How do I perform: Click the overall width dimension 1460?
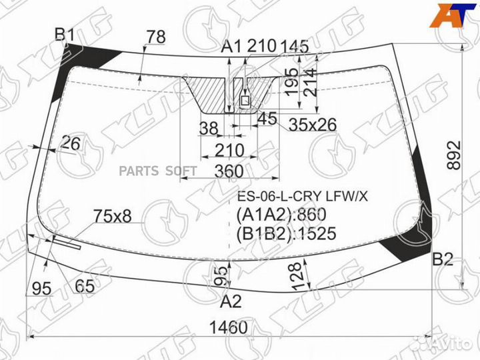tap(228, 327)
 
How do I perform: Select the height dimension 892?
tap(454, 155)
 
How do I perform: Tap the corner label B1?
tap(65, 35)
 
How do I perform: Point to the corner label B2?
tap(443, 259)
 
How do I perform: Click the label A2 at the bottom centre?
tap(231, 301)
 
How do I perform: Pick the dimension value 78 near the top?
tap(156, 37)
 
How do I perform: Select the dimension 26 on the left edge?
tap(71, 143)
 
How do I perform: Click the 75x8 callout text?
tap(113, 216)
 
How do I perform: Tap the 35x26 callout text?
tap(313, 125)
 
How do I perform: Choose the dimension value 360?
tap(229, 171)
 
